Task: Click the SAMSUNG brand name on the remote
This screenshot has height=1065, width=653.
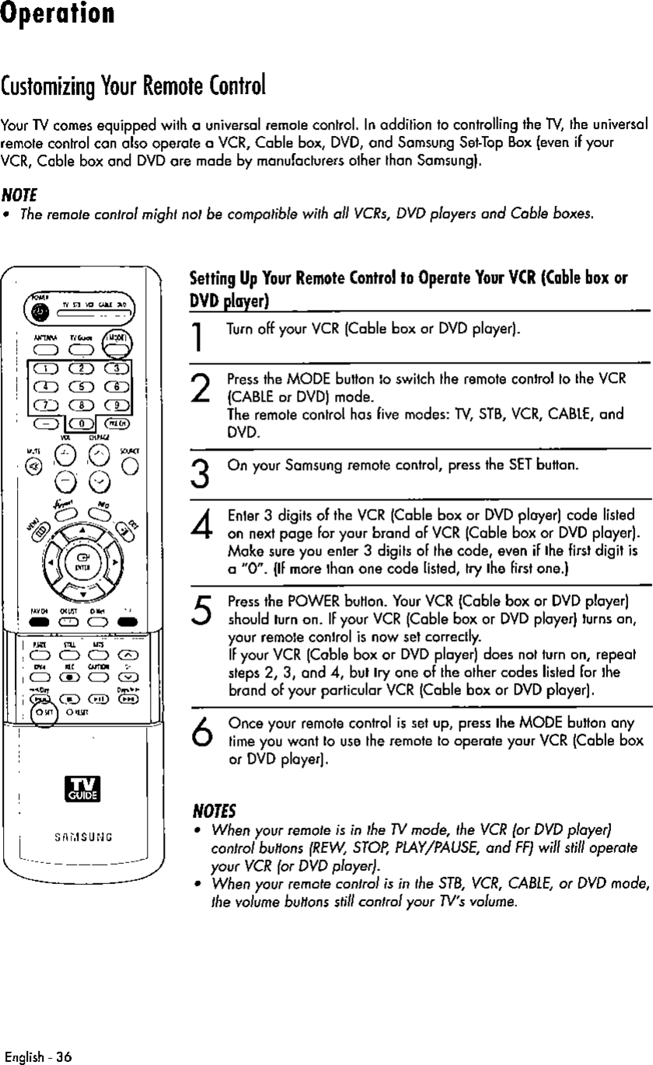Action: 79,837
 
